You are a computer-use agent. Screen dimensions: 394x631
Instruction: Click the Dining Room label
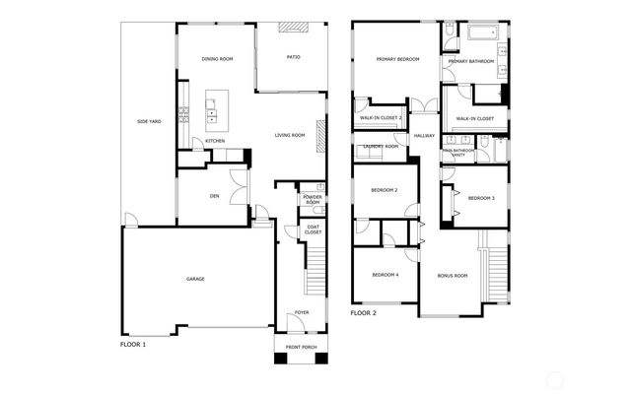[217, 59]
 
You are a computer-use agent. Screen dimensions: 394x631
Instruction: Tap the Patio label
[293, 57]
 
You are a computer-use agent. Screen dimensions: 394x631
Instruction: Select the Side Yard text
[148, 121]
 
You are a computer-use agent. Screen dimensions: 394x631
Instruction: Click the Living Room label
[290, 135]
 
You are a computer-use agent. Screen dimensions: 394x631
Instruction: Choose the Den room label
[214, 195]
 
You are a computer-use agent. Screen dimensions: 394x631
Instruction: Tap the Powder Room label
[312, 200]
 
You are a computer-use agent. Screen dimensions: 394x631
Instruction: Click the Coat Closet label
[313, 230]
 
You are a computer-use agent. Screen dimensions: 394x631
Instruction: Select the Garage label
[195, 279]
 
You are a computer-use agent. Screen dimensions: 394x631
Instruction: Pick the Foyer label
[301, 314]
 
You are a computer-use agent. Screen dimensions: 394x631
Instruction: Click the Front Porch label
[300, 348]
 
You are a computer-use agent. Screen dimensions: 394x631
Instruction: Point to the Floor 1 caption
[132, 346]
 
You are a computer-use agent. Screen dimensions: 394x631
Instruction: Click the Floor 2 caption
[363, 313]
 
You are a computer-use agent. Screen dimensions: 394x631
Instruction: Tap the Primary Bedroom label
[397, 60]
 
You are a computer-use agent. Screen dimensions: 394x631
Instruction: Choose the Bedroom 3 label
[480, 198]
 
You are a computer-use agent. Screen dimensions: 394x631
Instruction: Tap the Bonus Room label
[453, 275]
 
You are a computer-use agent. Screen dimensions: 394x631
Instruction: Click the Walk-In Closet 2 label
[380, 118]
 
